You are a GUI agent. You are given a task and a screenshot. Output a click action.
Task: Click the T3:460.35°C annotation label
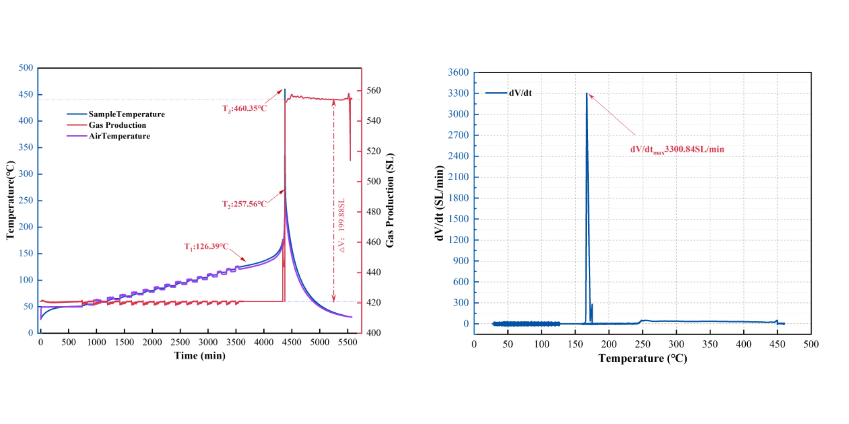[x=245, y=108]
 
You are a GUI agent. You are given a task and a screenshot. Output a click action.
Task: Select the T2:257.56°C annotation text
[x=244, y=204]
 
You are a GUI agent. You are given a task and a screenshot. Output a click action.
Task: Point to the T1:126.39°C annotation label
[x=206, y=247]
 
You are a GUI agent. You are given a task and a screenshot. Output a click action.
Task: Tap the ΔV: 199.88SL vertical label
[x=342, y=226]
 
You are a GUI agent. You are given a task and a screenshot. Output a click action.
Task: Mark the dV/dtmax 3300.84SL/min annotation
[x=677, y=150]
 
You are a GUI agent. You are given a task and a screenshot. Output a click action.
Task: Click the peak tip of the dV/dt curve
[x=587, y=94]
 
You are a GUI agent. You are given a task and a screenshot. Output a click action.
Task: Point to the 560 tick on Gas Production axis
[x=374, y=91]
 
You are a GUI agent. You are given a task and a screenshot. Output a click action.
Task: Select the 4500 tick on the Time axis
[x=292, y=342]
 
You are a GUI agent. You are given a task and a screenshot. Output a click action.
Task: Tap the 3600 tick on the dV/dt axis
[x=458, y=72]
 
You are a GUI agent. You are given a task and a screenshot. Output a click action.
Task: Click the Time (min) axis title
[x=200, y=356]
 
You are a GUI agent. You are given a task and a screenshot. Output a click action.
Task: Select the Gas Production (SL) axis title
[x=390, y=200]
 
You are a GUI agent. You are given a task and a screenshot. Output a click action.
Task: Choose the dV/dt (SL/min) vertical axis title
[x=439, y=203]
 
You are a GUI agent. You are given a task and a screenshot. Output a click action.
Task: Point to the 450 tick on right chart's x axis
[x=777, y=344]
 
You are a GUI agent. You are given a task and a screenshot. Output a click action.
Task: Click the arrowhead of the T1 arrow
[x=245, y=261]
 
